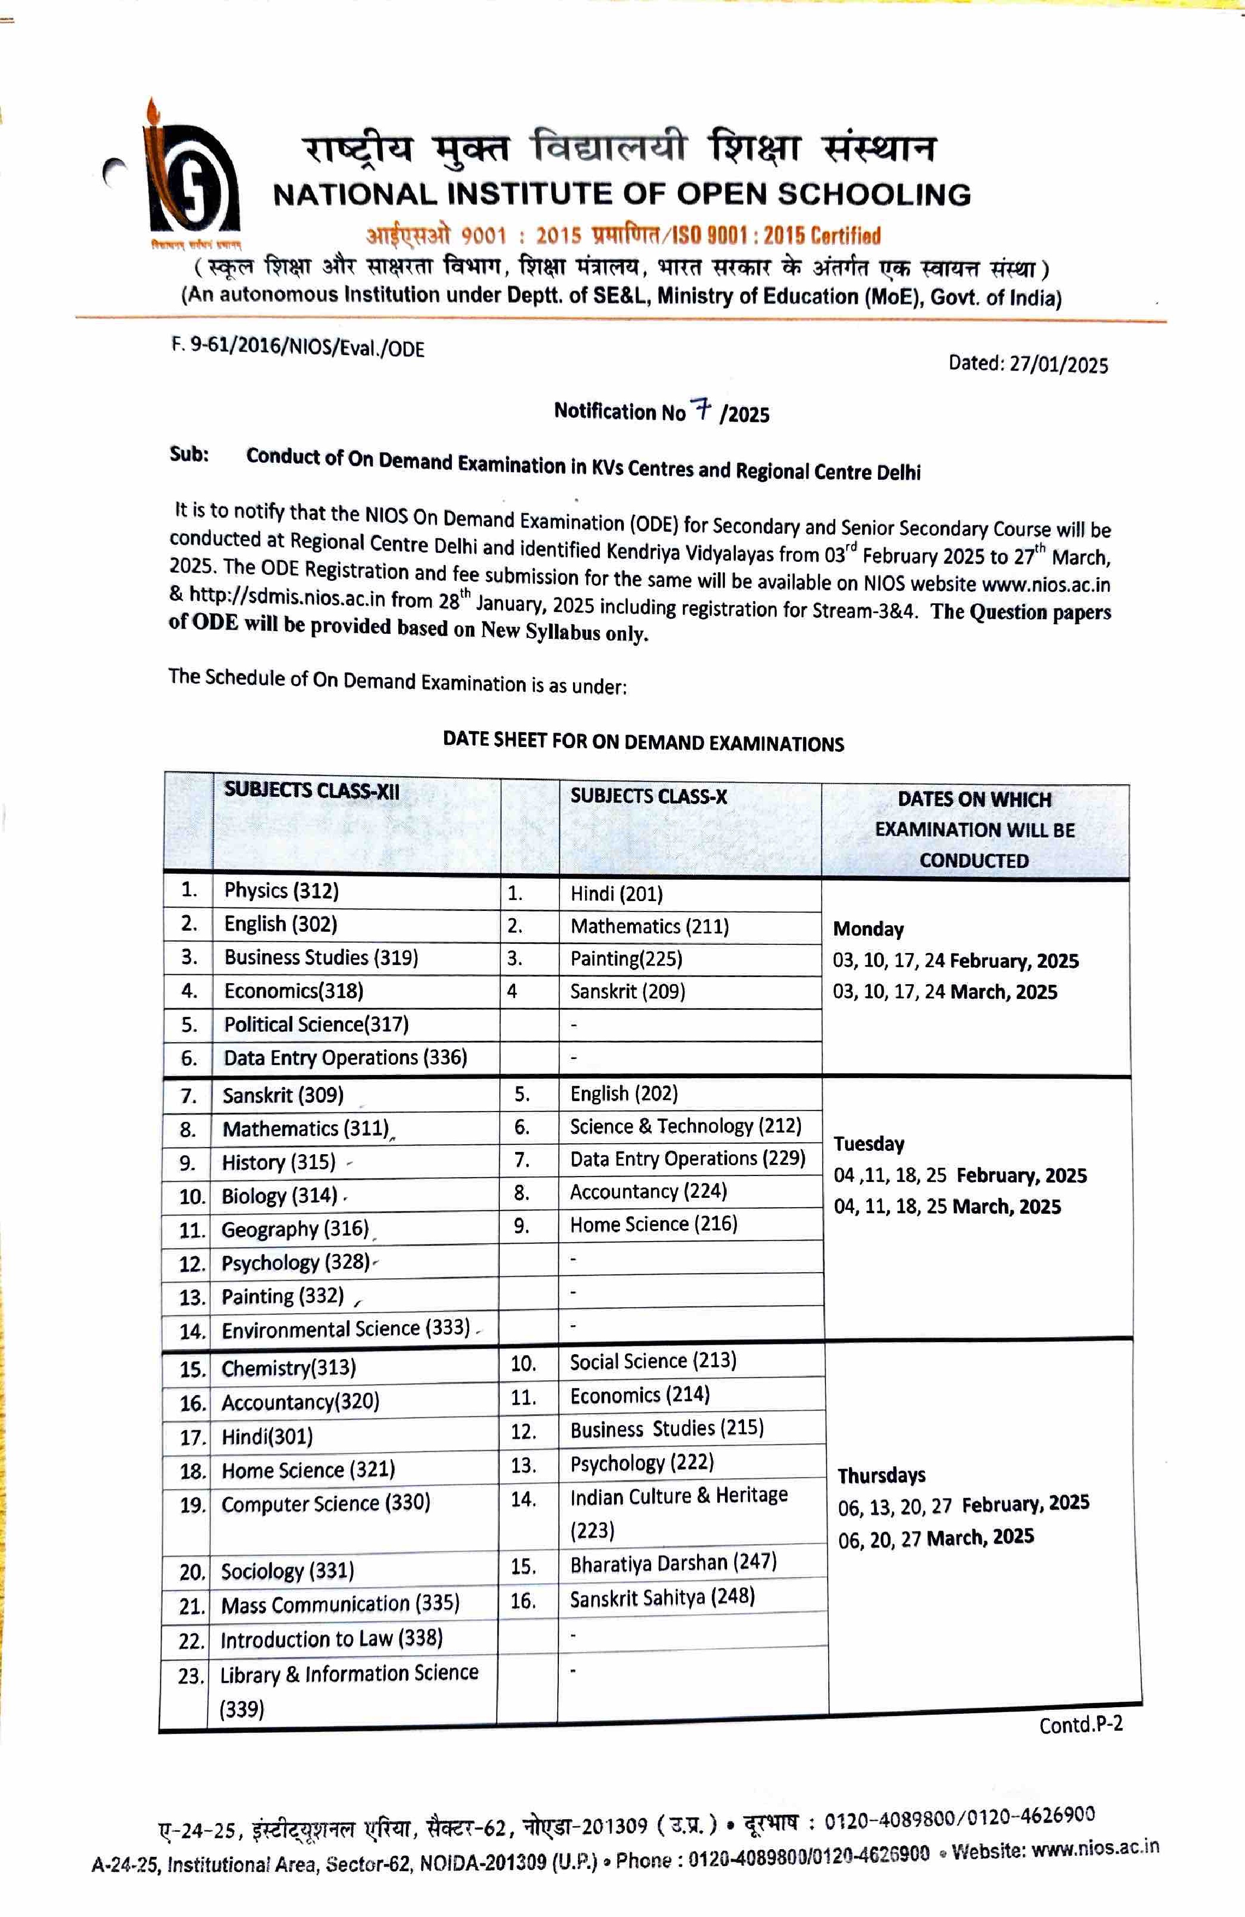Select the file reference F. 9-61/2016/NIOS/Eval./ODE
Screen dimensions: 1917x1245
(298, 346)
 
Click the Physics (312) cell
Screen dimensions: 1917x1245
(281, 890)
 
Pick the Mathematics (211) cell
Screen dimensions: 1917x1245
(649, 926)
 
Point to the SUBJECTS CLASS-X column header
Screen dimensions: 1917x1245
(648, 797)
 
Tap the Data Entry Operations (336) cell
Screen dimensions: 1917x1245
(345, 1057)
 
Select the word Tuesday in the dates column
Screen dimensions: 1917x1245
(869, 1144)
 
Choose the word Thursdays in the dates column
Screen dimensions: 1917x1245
(881, 1475)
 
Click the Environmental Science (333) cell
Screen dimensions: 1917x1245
(345, 1328)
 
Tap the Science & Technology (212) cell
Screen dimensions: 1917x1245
(685, 1126)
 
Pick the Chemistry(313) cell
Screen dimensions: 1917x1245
(288, 1368)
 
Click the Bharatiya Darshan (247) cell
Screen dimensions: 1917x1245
(673, 1562)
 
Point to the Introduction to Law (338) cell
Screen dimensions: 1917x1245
(331, 1638)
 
